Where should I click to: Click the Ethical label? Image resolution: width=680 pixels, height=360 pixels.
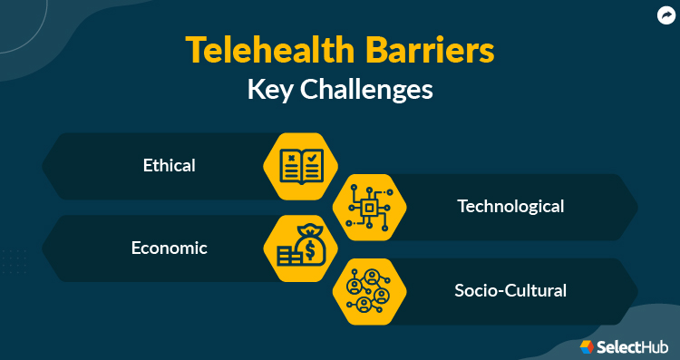[170, 165]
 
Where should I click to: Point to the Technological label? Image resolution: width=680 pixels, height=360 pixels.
[510, 206]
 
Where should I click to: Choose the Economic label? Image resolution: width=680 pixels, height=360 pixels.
[169, 248]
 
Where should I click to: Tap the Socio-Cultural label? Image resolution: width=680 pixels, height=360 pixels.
[510, 290]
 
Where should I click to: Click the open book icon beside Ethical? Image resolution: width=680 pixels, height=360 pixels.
[300, 166]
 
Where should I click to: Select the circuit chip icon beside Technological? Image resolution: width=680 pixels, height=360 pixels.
[368, 208]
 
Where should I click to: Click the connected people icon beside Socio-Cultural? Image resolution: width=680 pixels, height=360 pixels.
[368, 291]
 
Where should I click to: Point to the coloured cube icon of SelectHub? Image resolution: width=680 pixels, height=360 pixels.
[587, 346]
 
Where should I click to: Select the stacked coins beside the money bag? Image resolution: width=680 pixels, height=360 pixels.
[286, 256]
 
